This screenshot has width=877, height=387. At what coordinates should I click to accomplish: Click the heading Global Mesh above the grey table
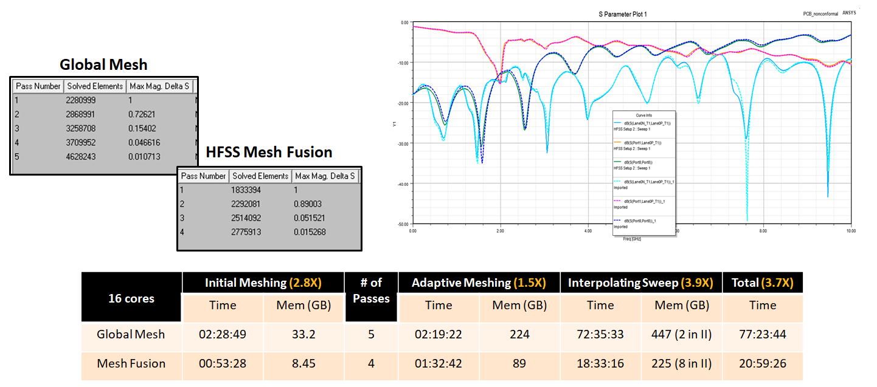[x=103, y=65]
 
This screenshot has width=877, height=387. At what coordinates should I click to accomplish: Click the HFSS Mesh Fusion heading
[x=269, y=152]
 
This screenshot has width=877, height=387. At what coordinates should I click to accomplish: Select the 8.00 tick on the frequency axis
[x=763, y=231]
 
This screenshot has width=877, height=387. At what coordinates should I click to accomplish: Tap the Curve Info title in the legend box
[x=644, y=115]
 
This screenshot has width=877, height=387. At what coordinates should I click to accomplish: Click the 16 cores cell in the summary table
[x=131, y=298]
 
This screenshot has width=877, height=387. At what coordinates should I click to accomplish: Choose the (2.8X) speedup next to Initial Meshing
[x=307, y=283]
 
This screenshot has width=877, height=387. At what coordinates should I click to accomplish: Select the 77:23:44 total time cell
[x=763, y=334]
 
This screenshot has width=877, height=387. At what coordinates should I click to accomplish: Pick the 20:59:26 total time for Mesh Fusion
[x=763, y=363]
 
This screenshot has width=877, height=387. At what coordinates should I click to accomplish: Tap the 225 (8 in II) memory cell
[x=681, y=363]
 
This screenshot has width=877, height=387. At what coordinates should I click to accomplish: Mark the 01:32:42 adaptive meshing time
[x=438, y=363]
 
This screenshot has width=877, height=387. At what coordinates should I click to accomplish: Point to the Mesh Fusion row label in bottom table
[x=131, y=363]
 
